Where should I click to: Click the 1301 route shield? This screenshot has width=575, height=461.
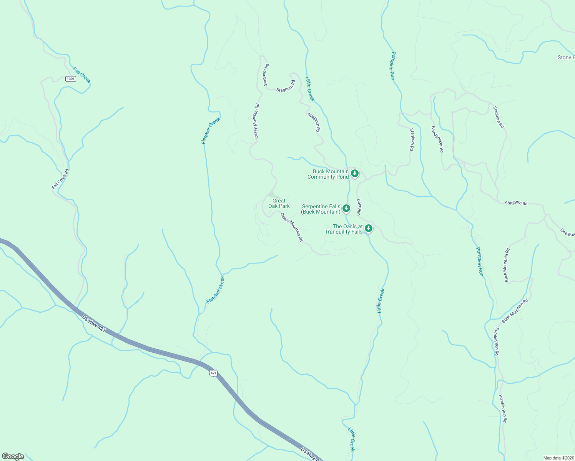[71, 79]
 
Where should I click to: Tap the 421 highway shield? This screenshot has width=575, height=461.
[214, 373]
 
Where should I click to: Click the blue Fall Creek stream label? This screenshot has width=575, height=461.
[81, 75]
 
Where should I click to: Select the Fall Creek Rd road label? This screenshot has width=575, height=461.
[60, 179]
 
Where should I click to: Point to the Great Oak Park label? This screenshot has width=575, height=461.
[279, 203]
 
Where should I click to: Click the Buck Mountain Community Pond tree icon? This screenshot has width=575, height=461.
[355, 174]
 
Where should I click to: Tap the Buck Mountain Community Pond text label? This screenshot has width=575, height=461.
[328, 174]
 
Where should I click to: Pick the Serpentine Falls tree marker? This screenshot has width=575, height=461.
[346, 208]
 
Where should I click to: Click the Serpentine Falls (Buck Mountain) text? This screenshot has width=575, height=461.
[321, 209]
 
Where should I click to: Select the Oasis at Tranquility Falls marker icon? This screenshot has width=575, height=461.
[369, 228]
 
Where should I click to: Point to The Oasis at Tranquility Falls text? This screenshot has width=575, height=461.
[344, 229]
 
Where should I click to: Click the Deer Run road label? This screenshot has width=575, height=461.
[359, 207]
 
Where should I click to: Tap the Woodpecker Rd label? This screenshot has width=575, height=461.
[437, 139]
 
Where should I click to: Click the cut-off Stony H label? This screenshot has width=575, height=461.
[566, 58]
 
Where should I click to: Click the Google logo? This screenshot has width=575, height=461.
[13, 456]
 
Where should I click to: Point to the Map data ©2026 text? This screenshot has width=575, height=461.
[558, 458]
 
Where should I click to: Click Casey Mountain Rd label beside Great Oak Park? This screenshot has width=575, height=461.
[292, 227]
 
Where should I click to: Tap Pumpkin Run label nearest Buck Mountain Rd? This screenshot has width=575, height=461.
[480, 262]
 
